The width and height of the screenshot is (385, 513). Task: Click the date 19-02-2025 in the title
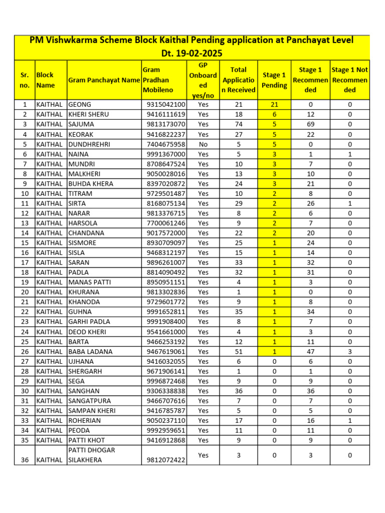[x=192, y=53]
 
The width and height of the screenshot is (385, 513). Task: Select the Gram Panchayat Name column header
[x=104, y=80]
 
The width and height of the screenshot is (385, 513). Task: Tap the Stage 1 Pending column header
[x=274, y=80]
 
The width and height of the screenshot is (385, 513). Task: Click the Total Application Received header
[x=239, y=80]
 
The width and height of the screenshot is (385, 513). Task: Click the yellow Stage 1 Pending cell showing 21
[x=274, y=105]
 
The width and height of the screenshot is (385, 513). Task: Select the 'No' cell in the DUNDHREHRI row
[x=203, y=144]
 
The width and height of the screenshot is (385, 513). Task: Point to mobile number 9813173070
[x=166, y=124]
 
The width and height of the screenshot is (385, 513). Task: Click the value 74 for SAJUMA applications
[x=239, y=124]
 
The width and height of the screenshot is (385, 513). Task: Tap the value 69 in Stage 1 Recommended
[x=310, y=124]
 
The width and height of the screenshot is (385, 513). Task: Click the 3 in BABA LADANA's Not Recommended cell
[x=350, y=352]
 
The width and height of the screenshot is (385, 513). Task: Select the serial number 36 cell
[x=25, y=460]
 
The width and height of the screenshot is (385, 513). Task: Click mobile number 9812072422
[x=166, y=460]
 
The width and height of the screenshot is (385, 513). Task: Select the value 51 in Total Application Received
[x=239, y=352]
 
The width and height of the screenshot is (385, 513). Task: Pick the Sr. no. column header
[x=25, y=80]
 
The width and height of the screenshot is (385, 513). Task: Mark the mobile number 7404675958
[x=166, y=144]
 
